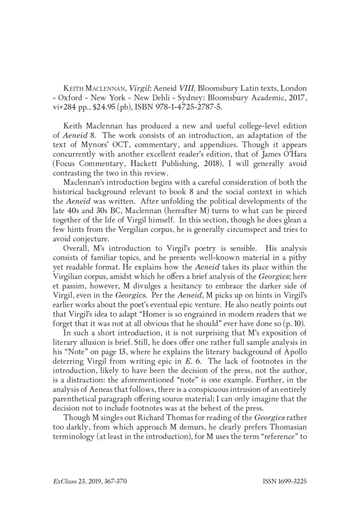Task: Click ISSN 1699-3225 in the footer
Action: point(284,481)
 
